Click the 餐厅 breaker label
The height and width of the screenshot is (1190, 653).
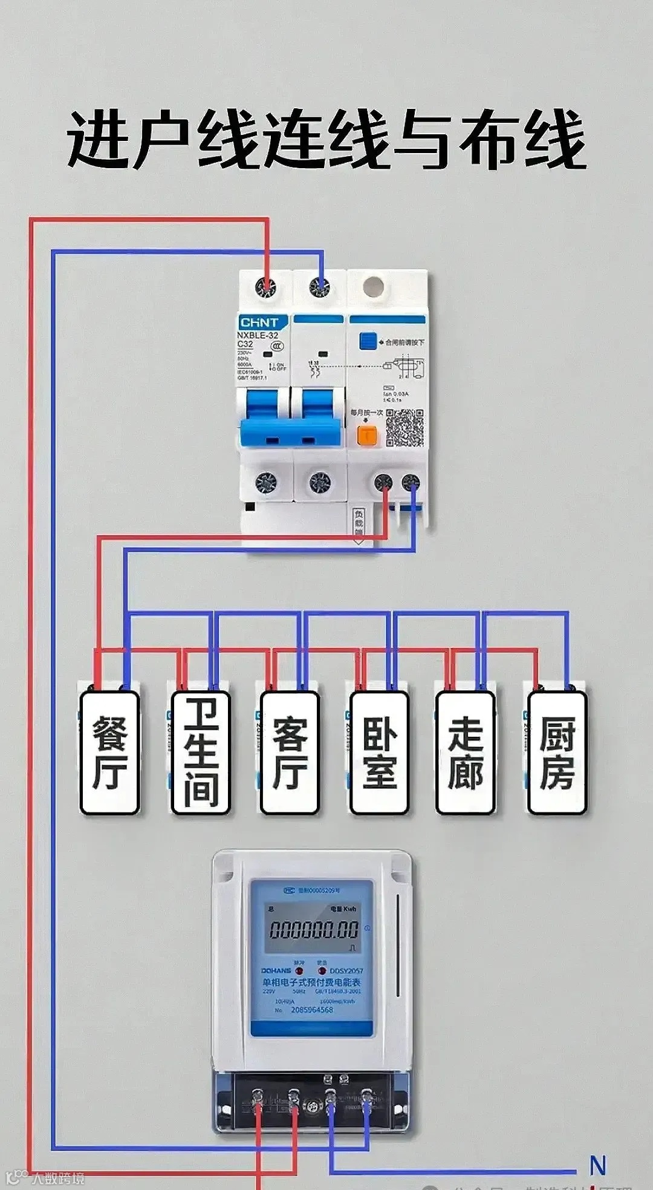click(109, 753)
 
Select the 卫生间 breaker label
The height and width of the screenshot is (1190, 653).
click(200, 753)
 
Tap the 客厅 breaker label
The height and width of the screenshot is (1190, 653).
click(290, 753)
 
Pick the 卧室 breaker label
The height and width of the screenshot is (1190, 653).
click(379, 753)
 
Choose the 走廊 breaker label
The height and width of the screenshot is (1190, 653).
click(466, 753)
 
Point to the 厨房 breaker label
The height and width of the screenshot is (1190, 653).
click(557, 753)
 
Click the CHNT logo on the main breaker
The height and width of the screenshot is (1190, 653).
click(259, 322)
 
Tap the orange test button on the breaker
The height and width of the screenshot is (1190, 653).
click(366, 434)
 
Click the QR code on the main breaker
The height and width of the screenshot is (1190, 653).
click(404, 428)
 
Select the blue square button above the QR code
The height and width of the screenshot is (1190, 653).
click(368, 341)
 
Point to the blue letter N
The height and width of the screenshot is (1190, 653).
click(597, 1165)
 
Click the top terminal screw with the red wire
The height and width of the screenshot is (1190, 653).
click(265, 287)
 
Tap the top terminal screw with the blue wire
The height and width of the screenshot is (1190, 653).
click(319, 287)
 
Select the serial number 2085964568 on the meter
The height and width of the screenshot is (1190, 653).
click(311, 1010)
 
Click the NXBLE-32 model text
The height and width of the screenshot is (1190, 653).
click(258, 335)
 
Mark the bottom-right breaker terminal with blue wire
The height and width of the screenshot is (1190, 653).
click(412, 482)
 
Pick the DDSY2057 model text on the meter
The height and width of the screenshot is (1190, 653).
click(346, 970)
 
